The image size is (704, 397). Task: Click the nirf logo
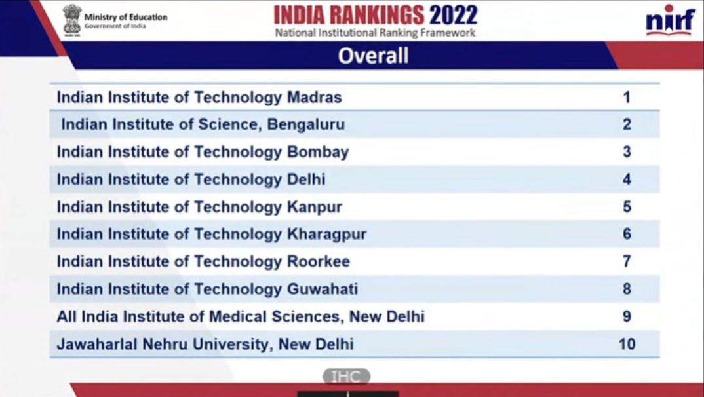coord(669,22)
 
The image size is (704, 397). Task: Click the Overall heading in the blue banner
coord(373,56)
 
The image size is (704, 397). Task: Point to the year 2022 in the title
coord(453,14)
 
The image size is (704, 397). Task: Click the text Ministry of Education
coord(125,17)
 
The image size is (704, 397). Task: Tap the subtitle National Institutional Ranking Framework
coord(375,33)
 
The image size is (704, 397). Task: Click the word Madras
coord(315,98)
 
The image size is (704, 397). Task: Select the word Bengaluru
coord(305,124)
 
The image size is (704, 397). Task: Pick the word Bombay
coord(318,152)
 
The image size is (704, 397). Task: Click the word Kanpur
coord(315,207)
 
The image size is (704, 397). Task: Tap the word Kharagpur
coord(327,234)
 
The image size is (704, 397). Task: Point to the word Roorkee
coord(319,261)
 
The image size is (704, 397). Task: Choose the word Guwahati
coord(323,289)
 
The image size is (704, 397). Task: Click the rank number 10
coord(627,343)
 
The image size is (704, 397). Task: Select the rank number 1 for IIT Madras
coord(627,98)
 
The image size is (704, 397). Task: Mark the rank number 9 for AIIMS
coord(627,316)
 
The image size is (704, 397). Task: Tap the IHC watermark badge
coord(346,376)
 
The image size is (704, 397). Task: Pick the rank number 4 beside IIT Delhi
coord(627,180)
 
